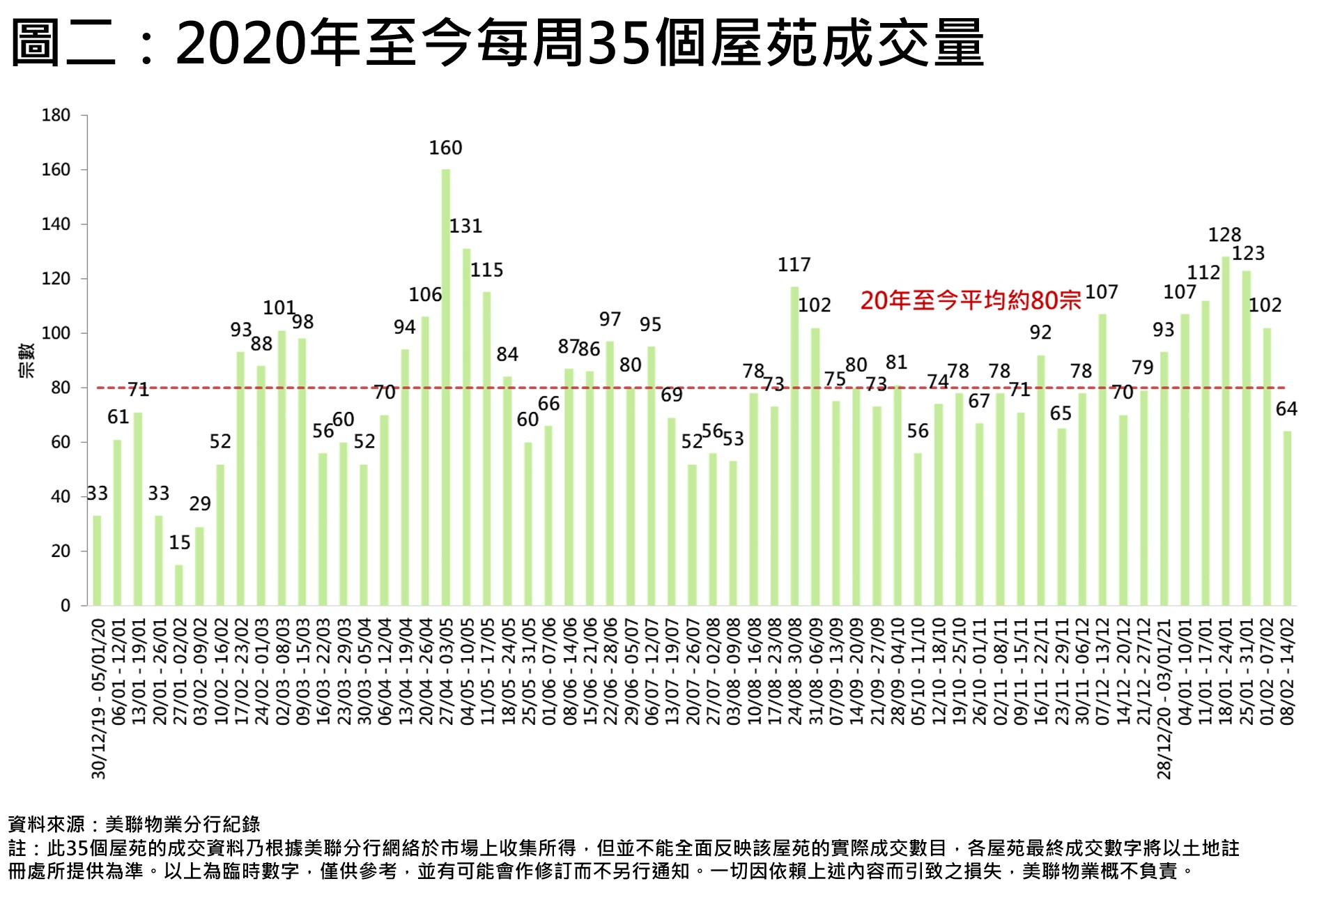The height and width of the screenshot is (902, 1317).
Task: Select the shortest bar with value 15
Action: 179,585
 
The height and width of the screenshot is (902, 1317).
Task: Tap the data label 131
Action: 465,226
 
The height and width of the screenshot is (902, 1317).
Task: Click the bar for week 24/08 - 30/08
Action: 794,446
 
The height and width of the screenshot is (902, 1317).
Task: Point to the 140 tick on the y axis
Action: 56,224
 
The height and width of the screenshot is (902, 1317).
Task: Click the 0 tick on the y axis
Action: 65,606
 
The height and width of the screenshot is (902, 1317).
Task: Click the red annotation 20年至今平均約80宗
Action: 971,300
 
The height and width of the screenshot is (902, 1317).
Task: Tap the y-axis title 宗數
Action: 26,360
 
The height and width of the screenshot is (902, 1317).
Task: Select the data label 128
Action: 1224,235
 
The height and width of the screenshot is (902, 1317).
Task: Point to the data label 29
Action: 200,503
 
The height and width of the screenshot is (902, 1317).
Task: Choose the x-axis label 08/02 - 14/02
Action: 1287,671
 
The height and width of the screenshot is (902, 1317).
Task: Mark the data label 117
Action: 794,265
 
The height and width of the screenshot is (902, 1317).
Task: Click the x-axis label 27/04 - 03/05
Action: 447,671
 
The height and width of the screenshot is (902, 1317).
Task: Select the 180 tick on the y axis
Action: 56,115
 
